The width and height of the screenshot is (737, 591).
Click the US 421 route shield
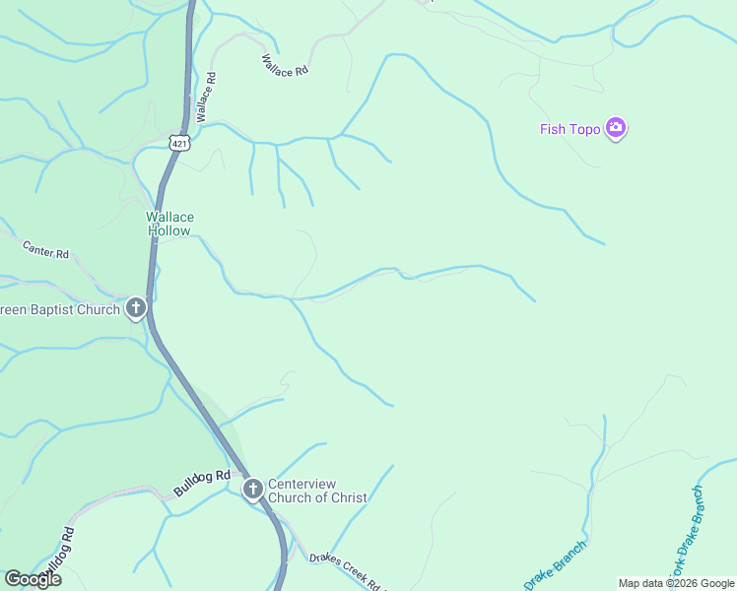point(178,144)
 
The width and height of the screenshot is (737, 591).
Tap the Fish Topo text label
point(570,128)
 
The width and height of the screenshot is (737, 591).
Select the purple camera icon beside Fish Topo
point(617,128)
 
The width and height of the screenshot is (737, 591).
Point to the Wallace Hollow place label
point(170,224)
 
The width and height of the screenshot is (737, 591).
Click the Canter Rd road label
point(45,252)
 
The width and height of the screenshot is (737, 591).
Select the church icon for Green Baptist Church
point(136,309)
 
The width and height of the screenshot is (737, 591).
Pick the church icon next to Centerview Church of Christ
point(253,490)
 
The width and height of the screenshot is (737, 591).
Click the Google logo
point(33,578)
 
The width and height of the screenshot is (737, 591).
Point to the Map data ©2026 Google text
point(676,583)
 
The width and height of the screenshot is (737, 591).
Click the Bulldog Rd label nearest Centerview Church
point(201,483)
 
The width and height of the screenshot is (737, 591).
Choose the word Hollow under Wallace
point(169,230)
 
